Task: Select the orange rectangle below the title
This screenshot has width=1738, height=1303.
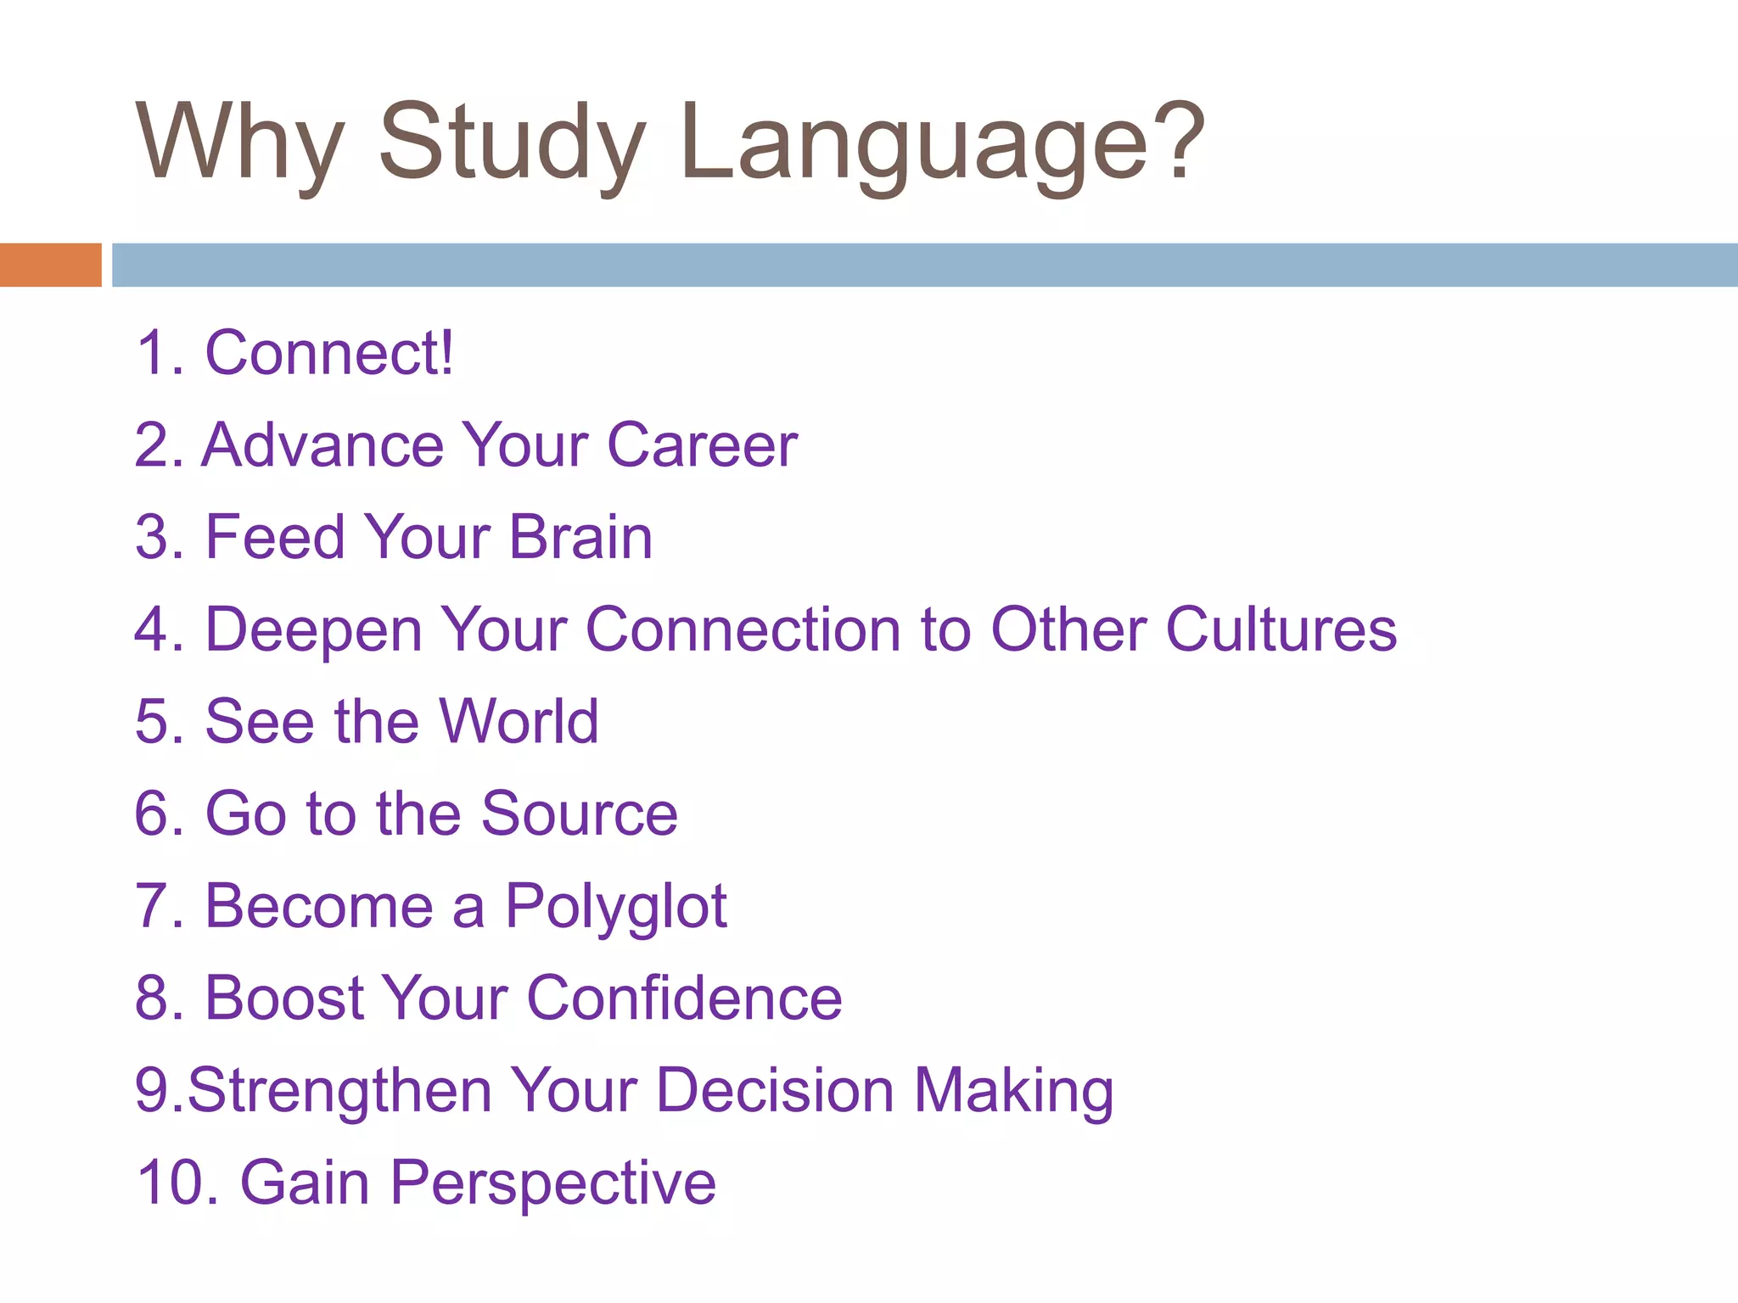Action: [x=50, y=265]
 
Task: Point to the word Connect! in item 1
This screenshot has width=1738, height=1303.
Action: [x=329, y=353]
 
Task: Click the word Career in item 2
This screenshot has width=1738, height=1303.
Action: [x=702, y=445]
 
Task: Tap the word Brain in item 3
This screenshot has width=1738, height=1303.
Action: [x=580, y=538]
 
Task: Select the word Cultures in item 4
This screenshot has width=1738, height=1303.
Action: [x=1281, y=630]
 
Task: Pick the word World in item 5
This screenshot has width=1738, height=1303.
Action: [x=519, y=722]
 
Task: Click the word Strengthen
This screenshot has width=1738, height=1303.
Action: [x=339, y=1091]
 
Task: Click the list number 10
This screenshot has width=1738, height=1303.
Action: [x=170, y=1183]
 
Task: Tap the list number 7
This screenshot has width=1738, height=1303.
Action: [x=153, y=907]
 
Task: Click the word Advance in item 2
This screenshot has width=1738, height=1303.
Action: [x=322, y=445]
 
